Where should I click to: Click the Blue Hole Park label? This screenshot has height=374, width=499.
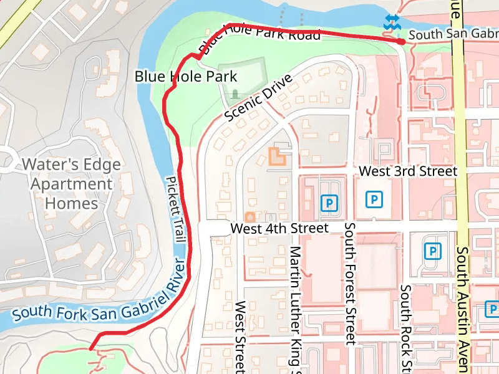click(x=186, y=77)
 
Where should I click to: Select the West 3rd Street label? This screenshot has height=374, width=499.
click(x=409, y=171)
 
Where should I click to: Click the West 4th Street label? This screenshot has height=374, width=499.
click(x=279, y=229)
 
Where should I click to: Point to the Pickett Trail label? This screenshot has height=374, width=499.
click(x=176, y=209)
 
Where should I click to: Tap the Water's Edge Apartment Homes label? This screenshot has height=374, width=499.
click(x=72, y=184)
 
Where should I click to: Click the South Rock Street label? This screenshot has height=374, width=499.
click(x=405, y=327)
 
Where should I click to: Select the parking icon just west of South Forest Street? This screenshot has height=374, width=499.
click(x=329, y=203)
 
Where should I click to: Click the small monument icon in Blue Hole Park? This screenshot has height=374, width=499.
click(x=235, y=94)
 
